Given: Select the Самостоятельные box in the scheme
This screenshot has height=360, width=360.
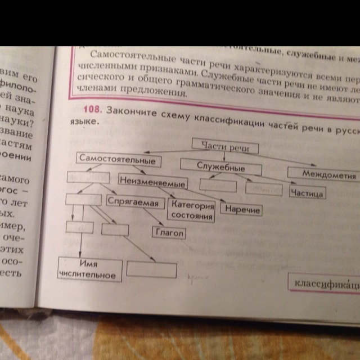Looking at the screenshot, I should click(x=117, y=160).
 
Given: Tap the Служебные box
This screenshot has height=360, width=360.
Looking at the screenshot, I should click(x=221, y=167).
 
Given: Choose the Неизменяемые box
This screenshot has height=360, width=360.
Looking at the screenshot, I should click(x=153, y=182).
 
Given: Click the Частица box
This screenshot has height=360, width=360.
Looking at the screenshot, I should click(x=308, y=193).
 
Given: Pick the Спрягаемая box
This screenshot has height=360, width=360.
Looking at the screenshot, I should click(x=135, y=201).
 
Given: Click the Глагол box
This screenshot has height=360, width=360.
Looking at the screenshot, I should click(x=169, y=232).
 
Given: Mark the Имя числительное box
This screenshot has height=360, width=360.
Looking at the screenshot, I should click(x=89, y=268).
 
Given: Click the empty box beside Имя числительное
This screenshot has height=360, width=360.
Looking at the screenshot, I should click(x=147, y=269).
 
